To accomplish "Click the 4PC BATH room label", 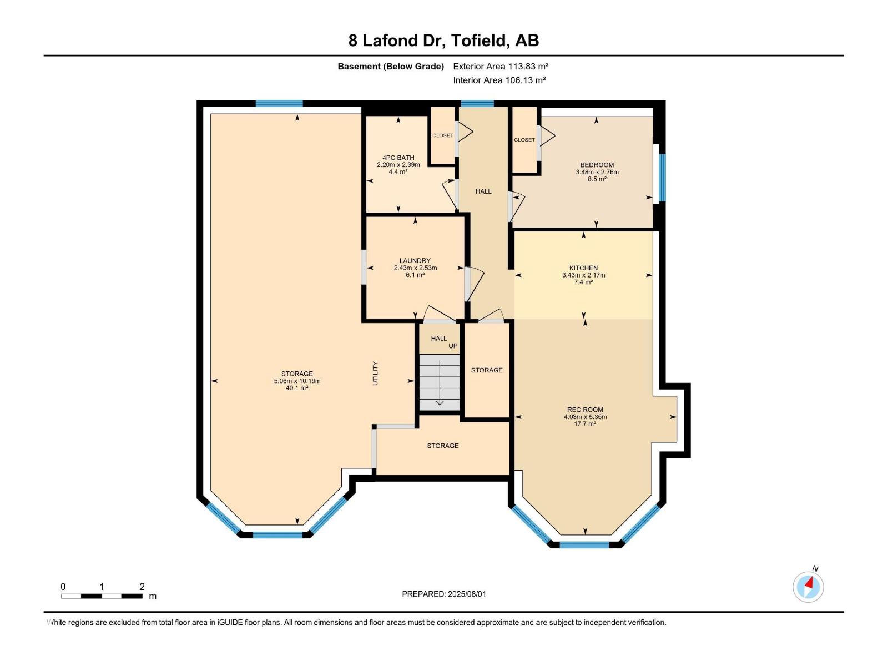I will coord(398,158).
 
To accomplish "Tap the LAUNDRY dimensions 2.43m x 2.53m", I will coord(415,268).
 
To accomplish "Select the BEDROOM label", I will coord(597,165).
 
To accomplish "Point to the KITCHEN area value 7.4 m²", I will coord(583,282).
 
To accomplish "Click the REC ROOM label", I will coord(585,410).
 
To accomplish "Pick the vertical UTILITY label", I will coord(375,374).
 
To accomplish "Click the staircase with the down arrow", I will coord(439,383).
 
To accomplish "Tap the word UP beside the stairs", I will coord(453,346).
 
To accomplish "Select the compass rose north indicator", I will coord(808,586).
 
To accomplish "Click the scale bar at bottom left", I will coord(102,596).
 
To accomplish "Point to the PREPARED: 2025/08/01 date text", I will coord(444,594).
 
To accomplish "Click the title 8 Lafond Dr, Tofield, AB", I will coord(443,41).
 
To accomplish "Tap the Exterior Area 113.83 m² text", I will coord(501,66).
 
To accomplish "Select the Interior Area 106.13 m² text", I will coord(500,80).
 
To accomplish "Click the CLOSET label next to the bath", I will coord(443,135).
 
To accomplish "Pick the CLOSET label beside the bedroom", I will coord(524,140).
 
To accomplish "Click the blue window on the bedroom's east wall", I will coord(662,178).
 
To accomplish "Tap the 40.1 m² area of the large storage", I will coord(297,388).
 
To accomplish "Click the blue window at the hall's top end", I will coord(477,103).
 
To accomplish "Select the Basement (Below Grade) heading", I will coord(391,67).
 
